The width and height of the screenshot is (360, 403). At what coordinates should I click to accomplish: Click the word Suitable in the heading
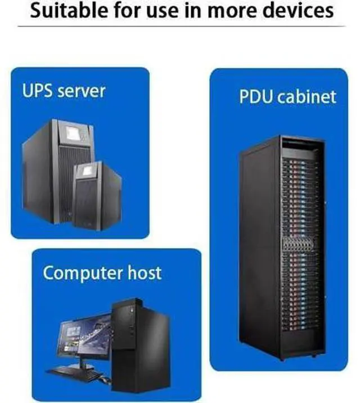click(69, 10)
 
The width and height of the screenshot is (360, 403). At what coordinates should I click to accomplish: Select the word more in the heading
click(232, 12)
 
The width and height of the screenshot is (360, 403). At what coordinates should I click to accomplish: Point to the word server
click(82, 92)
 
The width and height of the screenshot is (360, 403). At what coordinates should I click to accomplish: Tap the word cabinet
click(307, 97)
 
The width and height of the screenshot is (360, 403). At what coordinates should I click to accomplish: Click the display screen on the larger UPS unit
click(73, 133)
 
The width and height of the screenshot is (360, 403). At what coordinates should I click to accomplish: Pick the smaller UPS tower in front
click(97, 195)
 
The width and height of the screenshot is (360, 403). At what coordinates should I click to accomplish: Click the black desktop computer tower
click(141, 344)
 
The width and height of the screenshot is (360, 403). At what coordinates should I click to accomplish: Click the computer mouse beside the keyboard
click(106, 379)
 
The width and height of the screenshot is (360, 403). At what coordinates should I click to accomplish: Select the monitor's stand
click(82, 363)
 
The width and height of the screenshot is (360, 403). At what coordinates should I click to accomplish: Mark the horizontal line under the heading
click(182, 26)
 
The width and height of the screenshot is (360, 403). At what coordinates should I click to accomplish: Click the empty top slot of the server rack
click(299, 147)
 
